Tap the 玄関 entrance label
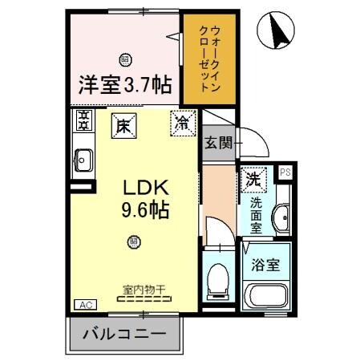[218, 144]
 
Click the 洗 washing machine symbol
[254, 179]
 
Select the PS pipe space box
[285, 171]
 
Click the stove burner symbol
[83, 121]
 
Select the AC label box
[84, 304]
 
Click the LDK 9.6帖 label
[145, 198]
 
